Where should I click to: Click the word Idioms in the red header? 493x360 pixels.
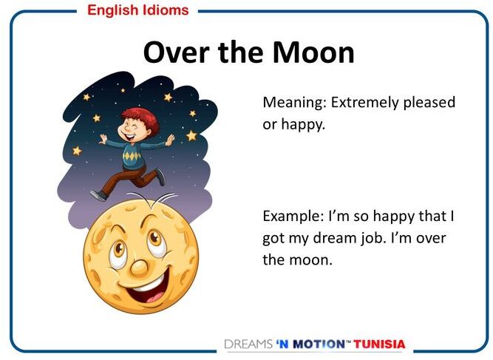(x=166, y=10)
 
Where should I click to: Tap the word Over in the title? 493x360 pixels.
(x=177, y=52)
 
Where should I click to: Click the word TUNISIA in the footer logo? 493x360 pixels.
(x=379, y=344)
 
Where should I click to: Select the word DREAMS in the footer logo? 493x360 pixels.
(x=248, y=344)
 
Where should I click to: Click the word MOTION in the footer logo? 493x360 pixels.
(x=319, y=344)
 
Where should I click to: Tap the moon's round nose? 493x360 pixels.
(x=139, y=268)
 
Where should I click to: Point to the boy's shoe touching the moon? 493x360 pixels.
(x=98, y=195)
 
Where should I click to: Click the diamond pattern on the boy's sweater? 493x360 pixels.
(x=132, y=156)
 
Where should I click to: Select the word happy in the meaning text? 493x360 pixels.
(x=303, y=125)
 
